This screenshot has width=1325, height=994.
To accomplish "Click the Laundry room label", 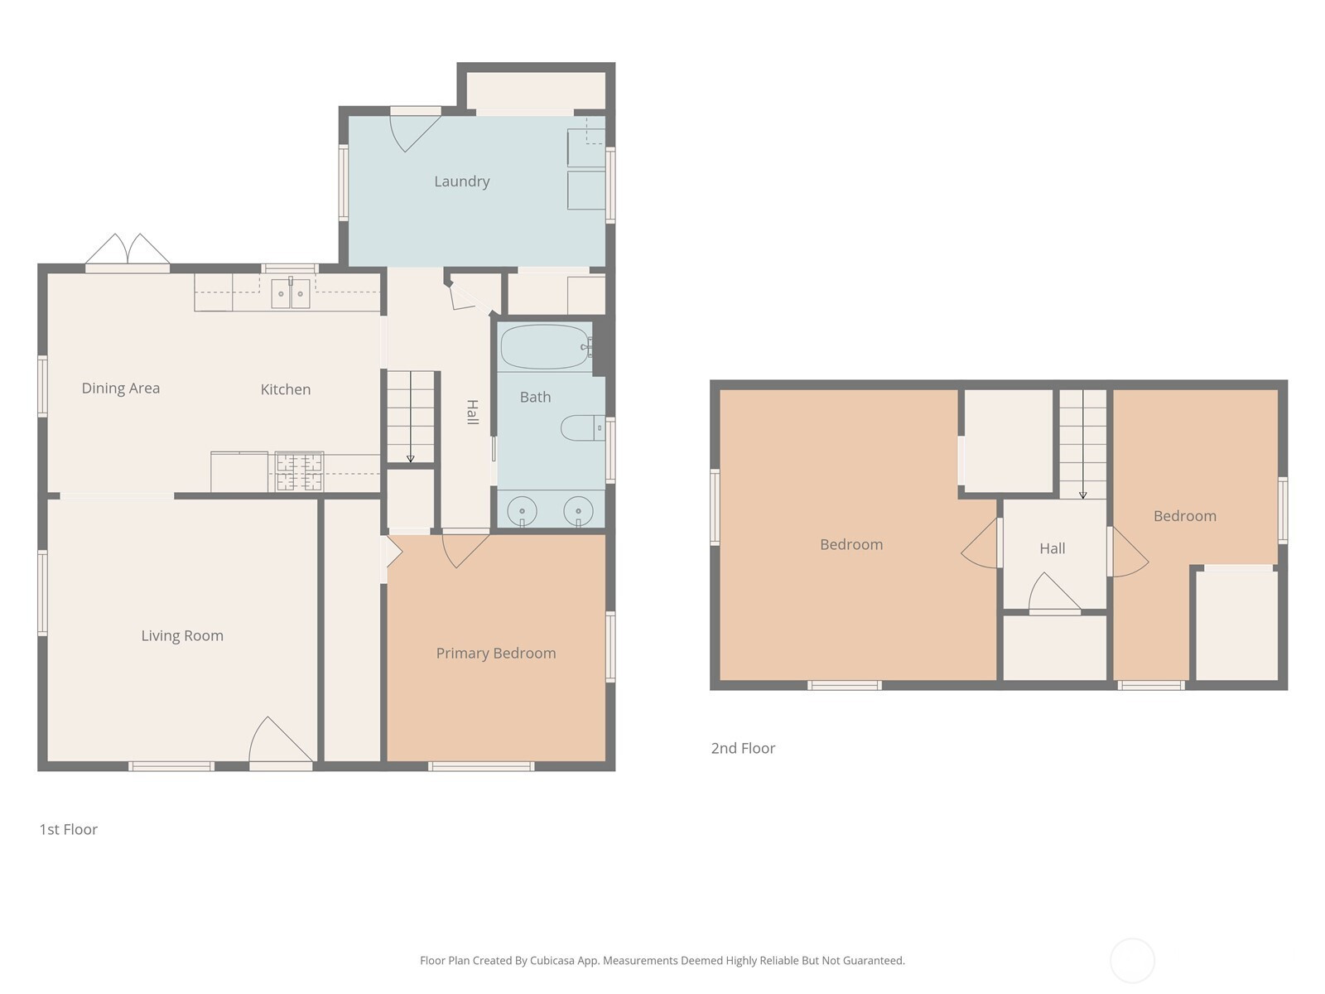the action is (462, 181).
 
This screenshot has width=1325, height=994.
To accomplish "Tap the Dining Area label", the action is (121, 388).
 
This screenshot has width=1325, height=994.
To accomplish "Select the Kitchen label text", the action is (286, 389).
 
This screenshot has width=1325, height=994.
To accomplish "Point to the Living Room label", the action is (182, 635).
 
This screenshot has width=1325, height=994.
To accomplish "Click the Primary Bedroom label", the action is (496, 653).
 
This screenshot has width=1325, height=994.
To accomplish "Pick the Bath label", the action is (536, 397).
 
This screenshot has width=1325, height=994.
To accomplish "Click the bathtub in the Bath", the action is (546, 347).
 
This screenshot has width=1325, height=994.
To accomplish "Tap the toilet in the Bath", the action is (582, 428).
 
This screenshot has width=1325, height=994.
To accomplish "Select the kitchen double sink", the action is (291, 293).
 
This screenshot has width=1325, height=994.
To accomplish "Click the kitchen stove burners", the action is (300, 471).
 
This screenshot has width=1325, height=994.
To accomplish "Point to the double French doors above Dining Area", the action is (128, 249).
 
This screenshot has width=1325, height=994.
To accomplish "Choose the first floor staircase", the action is (411, 417).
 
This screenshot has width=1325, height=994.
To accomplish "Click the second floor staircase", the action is (1083, 444).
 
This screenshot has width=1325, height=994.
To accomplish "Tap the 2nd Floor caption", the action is (743, 748).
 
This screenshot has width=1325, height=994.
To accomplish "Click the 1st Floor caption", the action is (68, 829).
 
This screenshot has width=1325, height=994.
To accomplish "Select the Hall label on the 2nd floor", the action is (1053, 548).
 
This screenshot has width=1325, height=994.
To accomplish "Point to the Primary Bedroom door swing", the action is (465, 550).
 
